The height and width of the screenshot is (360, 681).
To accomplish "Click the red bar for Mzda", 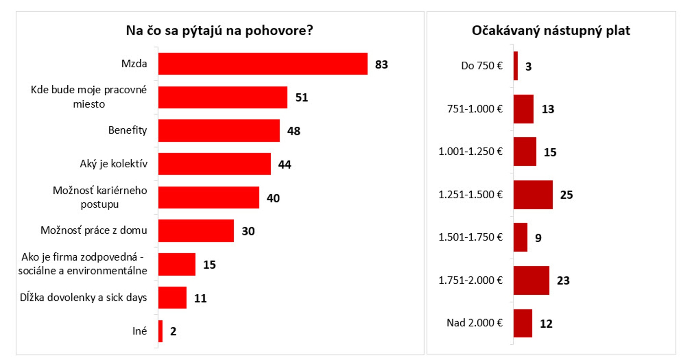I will pos(262,64).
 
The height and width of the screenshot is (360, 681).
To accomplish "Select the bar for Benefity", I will pos(219,131).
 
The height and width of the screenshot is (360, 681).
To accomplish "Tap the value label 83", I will pos(381,65).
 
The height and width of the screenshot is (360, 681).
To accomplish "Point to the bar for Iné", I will pos(161,331).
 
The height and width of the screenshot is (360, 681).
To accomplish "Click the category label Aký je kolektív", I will pos(113,164).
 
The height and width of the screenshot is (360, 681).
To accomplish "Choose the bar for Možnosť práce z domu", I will pos(196,231).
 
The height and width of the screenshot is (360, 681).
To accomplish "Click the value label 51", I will pos(301,98).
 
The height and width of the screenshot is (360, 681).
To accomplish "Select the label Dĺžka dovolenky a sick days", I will pos(83,297).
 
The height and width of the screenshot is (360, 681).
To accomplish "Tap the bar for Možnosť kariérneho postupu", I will pos(209,197).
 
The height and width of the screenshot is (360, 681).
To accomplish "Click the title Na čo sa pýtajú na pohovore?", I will pos(220,31).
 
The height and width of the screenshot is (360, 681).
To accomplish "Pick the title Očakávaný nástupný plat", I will pos(551,31).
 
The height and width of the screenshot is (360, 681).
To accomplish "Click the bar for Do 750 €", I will pos(516,66).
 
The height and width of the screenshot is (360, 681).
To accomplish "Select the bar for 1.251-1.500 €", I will pos(533,195).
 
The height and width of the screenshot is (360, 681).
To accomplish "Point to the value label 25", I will pos(566,195).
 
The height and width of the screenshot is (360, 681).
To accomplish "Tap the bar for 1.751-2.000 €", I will pos(531,280).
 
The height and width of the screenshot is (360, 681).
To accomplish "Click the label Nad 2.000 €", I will pos(475,323).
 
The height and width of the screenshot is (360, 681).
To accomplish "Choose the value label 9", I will pos(538,238).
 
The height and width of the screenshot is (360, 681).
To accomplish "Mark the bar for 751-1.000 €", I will pos(523,109).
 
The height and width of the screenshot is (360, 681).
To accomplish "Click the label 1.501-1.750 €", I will pos(471,237).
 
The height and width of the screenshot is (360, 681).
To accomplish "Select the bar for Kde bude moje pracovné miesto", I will pos(222,97).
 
